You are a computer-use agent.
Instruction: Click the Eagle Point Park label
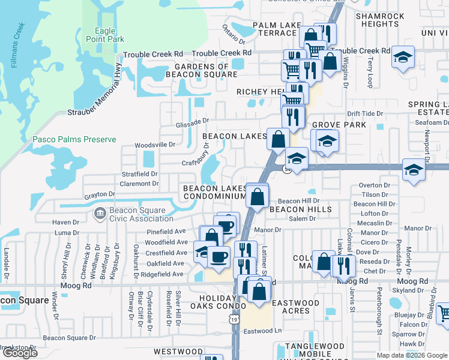click(x=109, y=35)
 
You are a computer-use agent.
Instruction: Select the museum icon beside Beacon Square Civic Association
click(x=100, y=212)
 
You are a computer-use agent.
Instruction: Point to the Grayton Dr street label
click(x=99, y=194)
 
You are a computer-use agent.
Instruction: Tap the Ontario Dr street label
click(x=234, y=35)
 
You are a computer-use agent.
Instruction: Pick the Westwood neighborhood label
click(x=178, y=351)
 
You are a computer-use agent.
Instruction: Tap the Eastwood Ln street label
click(x=263, y=331)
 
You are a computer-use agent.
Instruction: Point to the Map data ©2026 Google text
click(x=412, y=355)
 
